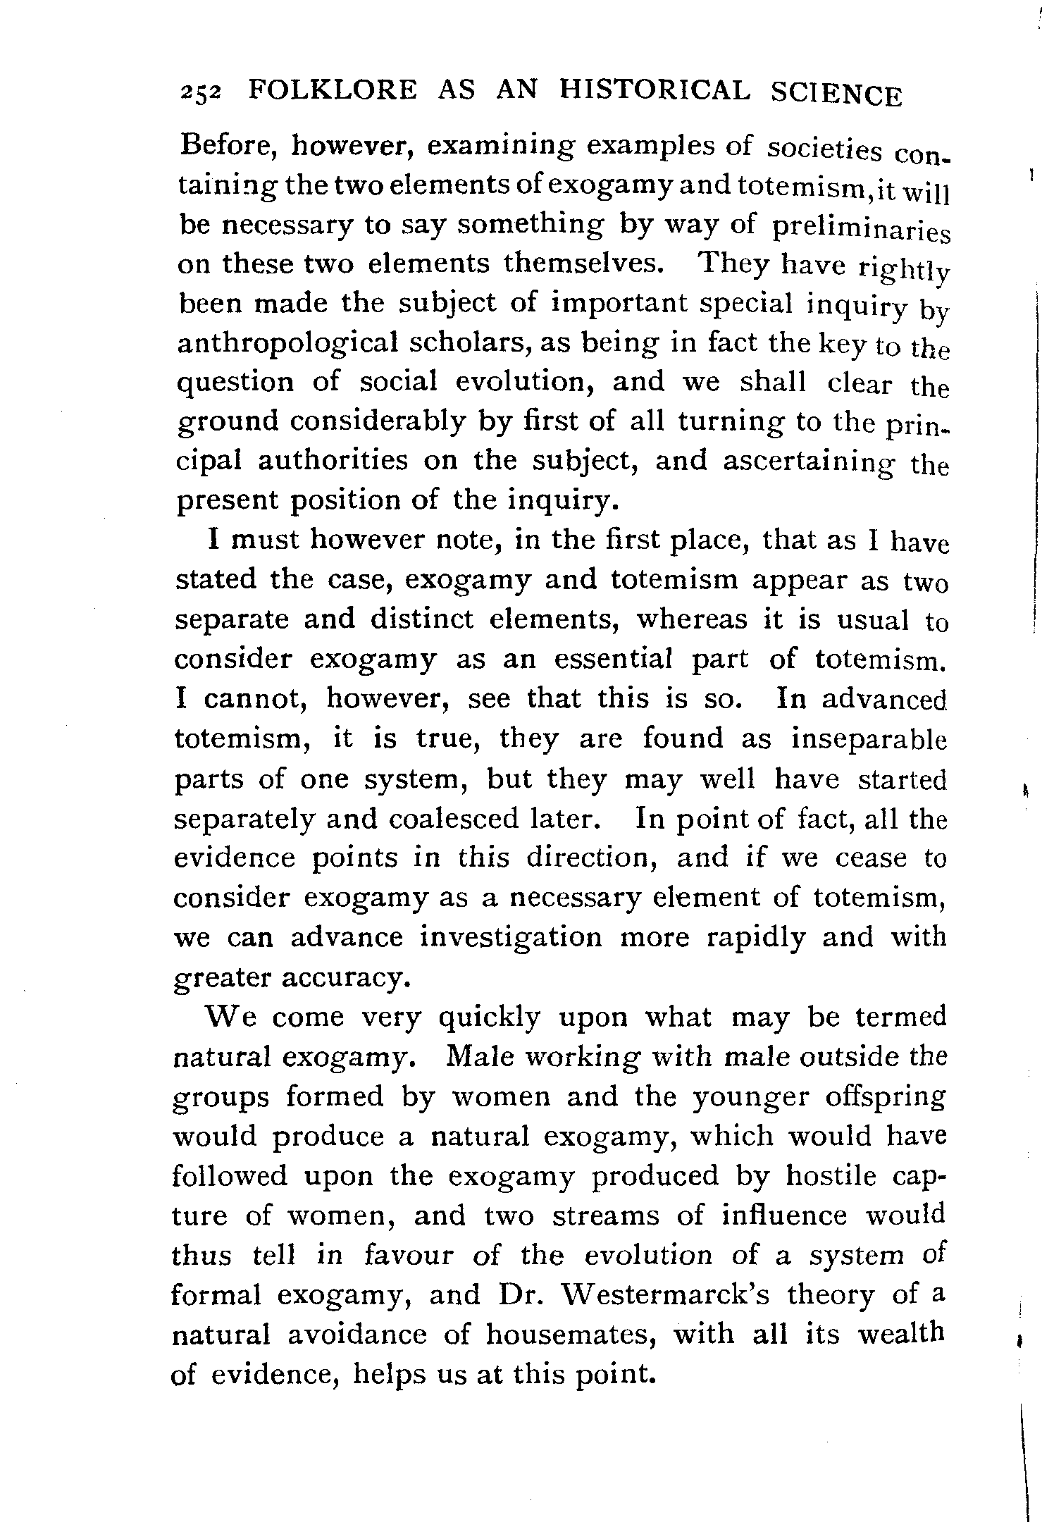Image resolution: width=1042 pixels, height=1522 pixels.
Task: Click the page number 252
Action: [x=201, y=94]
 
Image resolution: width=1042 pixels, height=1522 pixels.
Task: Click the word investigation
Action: [x=511, y=938]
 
